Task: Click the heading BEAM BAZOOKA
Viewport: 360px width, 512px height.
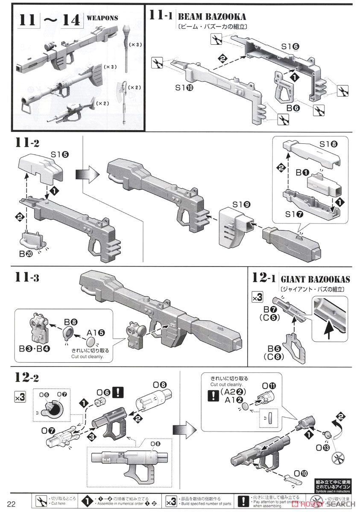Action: [x=212, y=17]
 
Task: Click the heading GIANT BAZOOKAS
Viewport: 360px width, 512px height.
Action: [x=315, y=279]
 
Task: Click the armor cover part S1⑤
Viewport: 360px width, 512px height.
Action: [x=41, y=167]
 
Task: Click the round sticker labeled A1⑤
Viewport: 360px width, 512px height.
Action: [x=91, y=341]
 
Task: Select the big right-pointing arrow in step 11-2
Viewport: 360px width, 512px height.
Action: [x=84, y=175]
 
